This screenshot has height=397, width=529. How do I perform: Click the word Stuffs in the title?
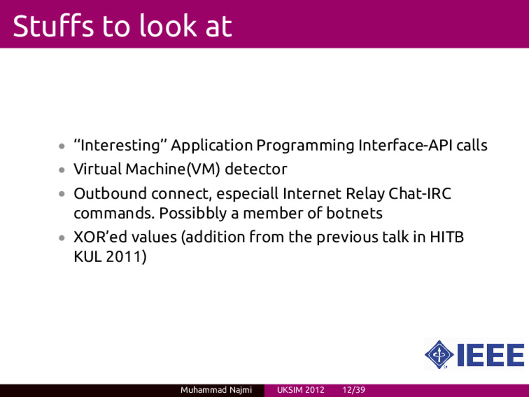coord(53,26)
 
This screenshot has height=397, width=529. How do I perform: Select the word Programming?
coord(305,146)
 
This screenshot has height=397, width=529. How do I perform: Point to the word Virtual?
coord(98,169)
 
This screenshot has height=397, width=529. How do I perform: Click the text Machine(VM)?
coord(173,169)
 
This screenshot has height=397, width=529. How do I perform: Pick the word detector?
coord(256,169)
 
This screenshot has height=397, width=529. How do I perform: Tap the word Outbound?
coord(111,193)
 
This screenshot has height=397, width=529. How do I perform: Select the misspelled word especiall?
coord(247,194)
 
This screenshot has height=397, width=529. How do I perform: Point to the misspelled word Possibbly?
coord(193,213)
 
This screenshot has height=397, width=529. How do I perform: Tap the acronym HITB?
coord(446,237)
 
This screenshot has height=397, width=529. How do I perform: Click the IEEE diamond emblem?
coord(439,355)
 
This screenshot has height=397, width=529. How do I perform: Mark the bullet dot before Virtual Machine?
coord(61,170)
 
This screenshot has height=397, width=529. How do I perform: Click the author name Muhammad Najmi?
coord(216,390)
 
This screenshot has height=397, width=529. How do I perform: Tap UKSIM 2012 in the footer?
coord(301,390)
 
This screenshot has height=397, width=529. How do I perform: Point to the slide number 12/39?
coord(353,390)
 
